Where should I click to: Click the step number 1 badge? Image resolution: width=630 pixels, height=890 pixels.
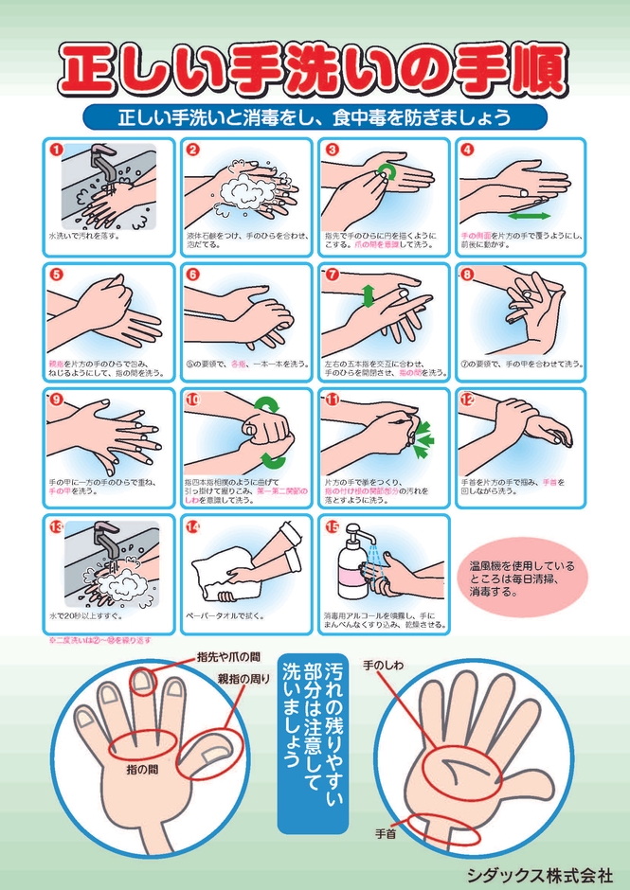56,150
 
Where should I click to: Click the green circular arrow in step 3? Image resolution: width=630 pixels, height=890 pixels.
387,171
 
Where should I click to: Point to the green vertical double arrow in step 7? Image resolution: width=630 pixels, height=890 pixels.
369,294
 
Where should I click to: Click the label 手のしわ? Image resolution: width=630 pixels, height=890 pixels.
384,667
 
